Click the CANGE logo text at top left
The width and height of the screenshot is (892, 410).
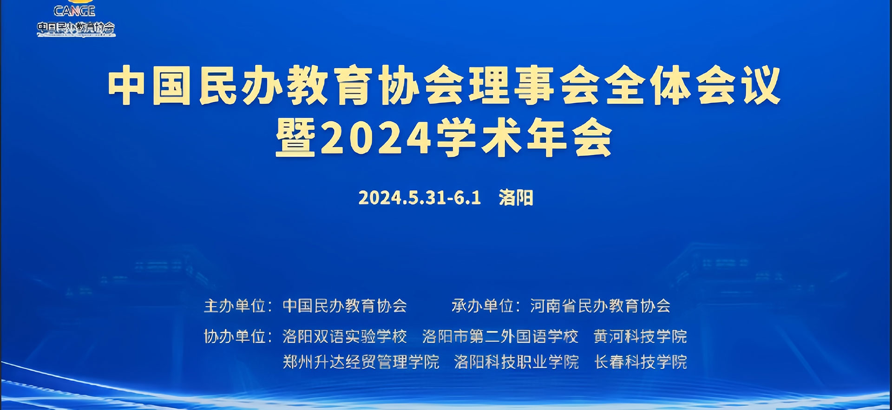coord(74,11)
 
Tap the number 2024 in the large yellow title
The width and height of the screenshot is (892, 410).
coord(376,138)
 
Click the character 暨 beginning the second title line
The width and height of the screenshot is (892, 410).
coord(296,138)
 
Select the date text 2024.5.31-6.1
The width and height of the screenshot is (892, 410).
coord(420,198)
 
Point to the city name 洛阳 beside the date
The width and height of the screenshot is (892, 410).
coord(516,198)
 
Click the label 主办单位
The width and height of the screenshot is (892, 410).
coord(234,306)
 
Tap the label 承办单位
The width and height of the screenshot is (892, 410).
coord(482,306)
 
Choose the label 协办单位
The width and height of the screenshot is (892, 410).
coord(234,336)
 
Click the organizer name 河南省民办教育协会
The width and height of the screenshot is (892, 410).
coord(600,306)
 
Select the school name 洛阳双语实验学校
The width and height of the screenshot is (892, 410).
coord(345,336)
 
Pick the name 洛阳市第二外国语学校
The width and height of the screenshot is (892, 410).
coord(500,336)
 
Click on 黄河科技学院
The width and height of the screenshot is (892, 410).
coord(640,336)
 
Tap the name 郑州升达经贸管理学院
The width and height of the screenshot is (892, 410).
coord(361,362)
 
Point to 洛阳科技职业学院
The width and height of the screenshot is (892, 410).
coord(516,362)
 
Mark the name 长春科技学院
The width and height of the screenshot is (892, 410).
coord(640,362)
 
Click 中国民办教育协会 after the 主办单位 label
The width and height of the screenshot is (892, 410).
coord(345,306)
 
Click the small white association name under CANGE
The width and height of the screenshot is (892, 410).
coord(76,28)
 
